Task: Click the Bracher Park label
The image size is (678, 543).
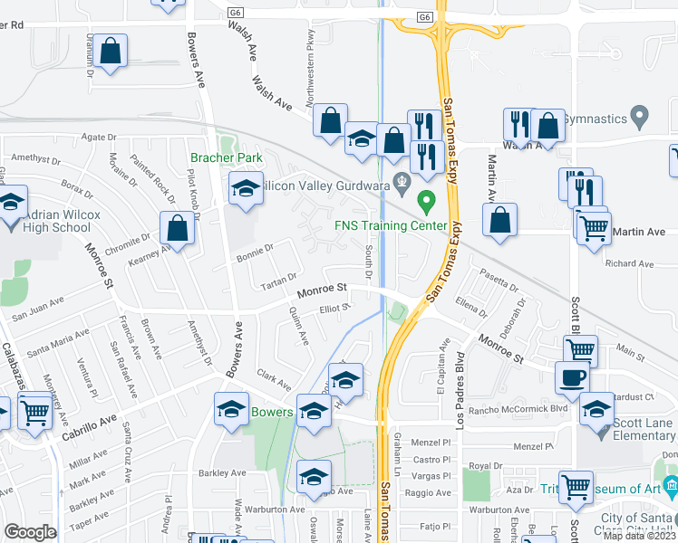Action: [226, 158]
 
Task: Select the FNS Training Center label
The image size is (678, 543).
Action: [391, 225]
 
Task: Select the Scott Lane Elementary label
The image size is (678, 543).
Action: [637, 430]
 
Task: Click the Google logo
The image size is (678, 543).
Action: [30, 532]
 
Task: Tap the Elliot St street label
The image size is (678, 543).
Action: [334, 309]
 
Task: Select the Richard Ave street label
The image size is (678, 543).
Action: [629, 264]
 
